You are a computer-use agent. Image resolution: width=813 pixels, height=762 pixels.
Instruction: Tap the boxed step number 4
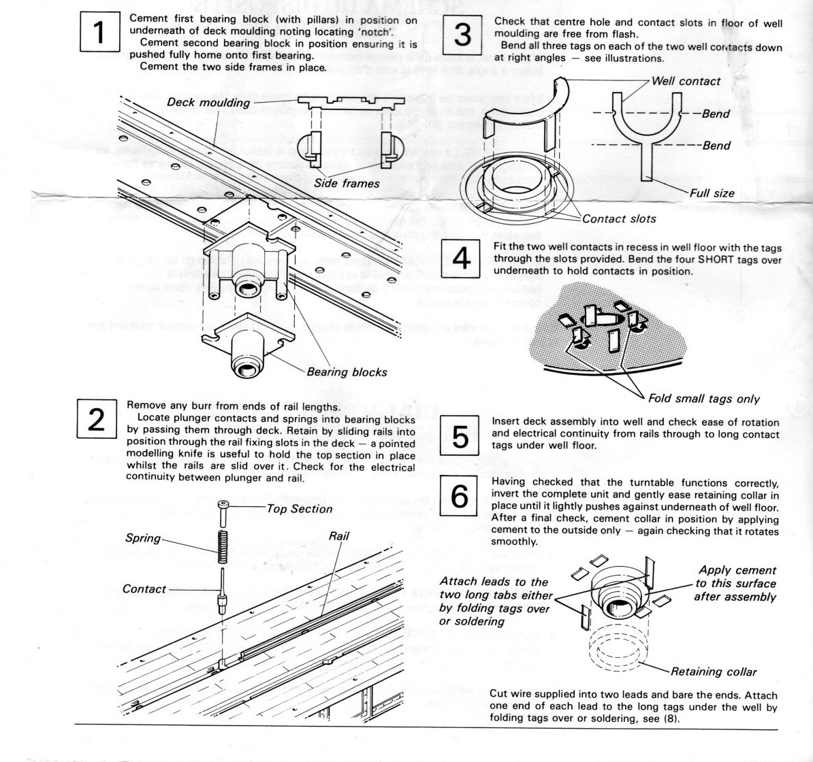click(x=461, y=261)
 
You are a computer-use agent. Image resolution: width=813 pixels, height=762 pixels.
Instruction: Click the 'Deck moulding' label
click(x=208, y=103)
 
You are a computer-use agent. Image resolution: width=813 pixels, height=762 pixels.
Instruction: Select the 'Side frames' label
click(x=347, y=183)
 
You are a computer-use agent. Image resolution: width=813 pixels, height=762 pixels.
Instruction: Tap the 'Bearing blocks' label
click(x=347, y=372)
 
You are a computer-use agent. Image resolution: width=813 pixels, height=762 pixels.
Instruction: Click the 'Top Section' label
click(x=300, y=508)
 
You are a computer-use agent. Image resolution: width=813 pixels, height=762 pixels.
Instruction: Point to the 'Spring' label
click(x=142, y=537)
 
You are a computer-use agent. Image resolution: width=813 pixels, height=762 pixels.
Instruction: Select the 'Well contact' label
click(x=686, y=81)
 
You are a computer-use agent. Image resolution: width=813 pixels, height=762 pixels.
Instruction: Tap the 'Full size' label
click(x=712, y=193)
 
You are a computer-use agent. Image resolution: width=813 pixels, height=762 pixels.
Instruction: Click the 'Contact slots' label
click(x=619, y=218)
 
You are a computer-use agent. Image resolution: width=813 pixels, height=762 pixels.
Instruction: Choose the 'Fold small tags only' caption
click(x=703, y=399)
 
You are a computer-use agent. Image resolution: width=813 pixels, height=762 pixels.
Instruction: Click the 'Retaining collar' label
click(x=713, y=672)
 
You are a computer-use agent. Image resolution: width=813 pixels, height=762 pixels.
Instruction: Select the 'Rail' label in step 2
click(x=338, y=536)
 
